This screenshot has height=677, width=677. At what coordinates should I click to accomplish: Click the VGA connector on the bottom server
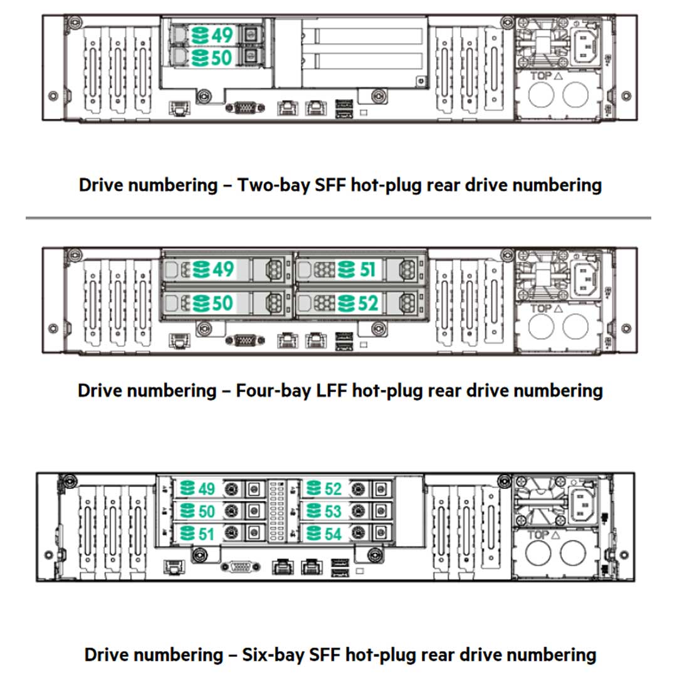coord(239,567)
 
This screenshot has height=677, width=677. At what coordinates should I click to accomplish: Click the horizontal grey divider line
coord(338,218)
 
